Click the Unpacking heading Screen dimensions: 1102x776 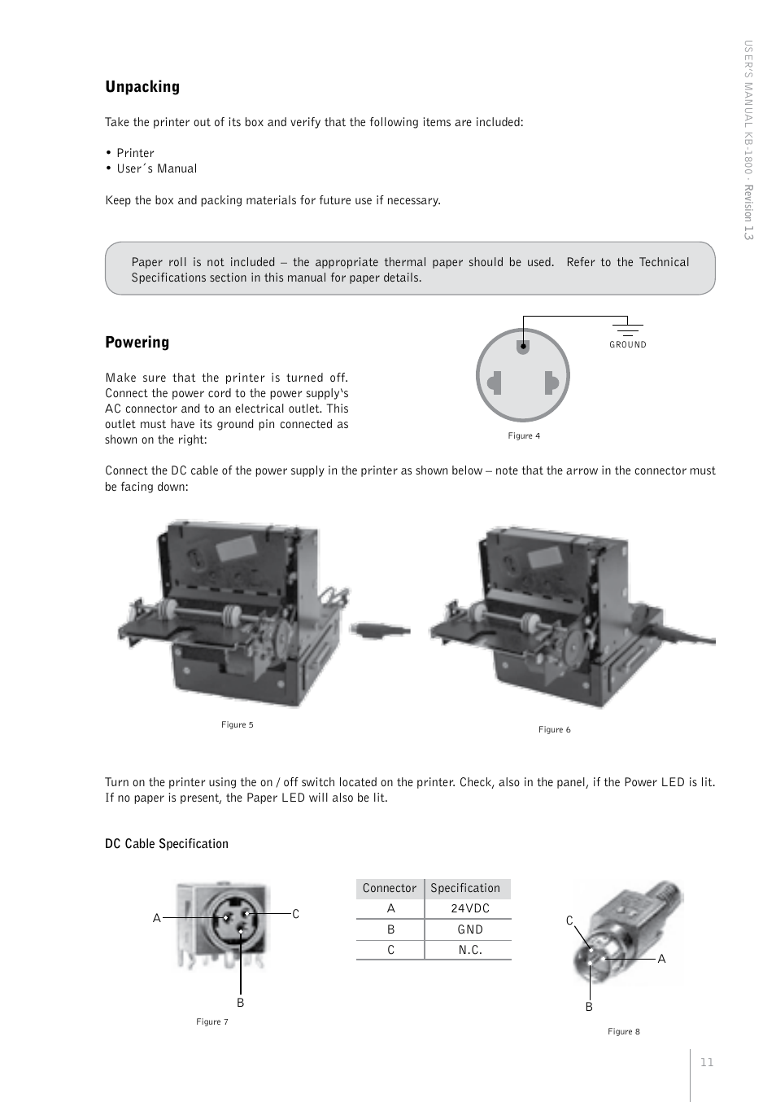tap(142, 87)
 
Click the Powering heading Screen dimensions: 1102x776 tap(137, 343)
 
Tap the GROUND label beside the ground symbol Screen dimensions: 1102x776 tap(628, 345)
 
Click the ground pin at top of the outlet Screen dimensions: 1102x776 tap(523, 346)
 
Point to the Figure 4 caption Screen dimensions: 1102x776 tap(524, 436)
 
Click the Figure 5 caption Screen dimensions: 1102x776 tap(237, 725)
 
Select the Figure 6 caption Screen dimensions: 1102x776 tap(554, 730)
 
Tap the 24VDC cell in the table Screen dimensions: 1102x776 tap(470, 908)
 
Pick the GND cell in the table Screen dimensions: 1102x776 tap(470, 929)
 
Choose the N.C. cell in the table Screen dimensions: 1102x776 tap(470, 950)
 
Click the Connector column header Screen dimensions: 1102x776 tap(389, 888)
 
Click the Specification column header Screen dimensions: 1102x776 tap(465, 888)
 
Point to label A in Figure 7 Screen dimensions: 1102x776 tap(157, 918)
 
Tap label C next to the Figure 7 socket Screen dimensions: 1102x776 tap(295, 914)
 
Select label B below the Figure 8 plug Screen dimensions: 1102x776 tap(589, 1007)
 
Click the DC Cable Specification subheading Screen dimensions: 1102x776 tap(167, 844)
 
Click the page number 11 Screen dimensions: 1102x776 tap(706, 1062)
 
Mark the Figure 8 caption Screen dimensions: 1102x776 tap(623, 1032)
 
